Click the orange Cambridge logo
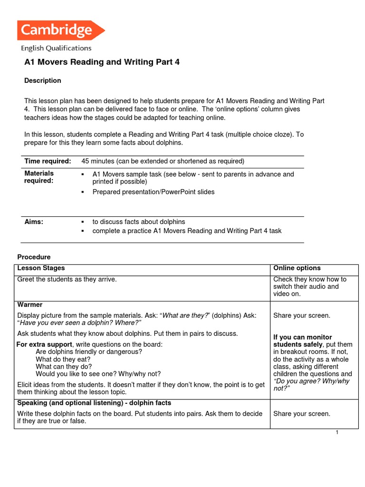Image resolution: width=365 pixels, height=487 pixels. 60,30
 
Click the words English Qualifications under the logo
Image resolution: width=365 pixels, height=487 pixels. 56,48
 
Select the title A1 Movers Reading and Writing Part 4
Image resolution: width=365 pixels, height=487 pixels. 102,62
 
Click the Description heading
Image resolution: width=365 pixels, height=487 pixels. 43,80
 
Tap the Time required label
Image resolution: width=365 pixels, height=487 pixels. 48,161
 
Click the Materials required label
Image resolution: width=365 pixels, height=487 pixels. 39,177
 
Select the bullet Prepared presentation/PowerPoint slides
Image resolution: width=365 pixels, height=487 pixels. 153,192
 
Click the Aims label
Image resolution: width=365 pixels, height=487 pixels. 34,222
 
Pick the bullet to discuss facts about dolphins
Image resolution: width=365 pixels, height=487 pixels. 138,222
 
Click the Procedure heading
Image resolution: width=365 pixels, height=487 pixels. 34,257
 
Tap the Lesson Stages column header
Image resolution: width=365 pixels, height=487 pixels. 41,268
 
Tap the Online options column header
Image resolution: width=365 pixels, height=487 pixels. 297,268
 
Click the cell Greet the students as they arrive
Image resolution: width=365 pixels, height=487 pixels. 67,279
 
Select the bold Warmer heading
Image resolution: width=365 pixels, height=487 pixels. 30,304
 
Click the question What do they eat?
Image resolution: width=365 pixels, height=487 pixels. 63,359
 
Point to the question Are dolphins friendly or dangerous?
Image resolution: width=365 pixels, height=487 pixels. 89,351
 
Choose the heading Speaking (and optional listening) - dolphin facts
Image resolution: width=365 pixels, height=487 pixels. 94,403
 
